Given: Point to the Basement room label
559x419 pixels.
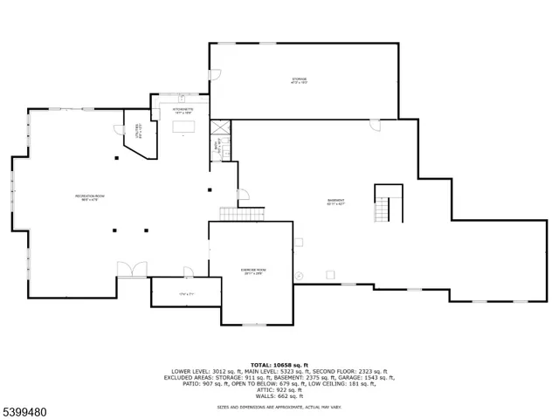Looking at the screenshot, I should coord(335,202).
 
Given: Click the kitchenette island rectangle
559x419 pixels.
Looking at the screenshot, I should coord(183,128).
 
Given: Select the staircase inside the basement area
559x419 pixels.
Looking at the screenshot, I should coord(382,209).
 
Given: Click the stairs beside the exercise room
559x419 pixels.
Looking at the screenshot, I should coord(241,214).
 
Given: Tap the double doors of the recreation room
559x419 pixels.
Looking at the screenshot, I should coord(133,270).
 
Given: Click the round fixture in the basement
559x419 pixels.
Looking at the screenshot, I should coord(298,275).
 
